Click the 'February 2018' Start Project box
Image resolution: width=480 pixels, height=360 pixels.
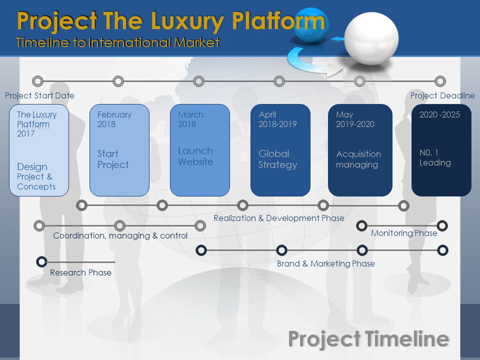pyautogui.click(x=119, y=149)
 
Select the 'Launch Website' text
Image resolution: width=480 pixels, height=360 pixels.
pyautogui.click(x=195, y=156)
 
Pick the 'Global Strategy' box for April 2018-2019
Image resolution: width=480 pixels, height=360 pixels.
pyautogui.click(x=280, y=149)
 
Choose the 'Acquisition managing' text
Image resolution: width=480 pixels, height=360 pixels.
pyautogui.click(x=358, y=159)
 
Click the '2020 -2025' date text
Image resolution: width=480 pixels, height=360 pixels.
pyautogui.click(x=439, y=114)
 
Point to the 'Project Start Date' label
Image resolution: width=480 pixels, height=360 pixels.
pyautogui.click(x=39, y=95)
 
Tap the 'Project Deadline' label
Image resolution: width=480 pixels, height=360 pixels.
pyautogui.click(x=442, y=95)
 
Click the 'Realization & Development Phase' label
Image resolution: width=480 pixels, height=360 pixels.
pyautogui.click(x=278, y=218)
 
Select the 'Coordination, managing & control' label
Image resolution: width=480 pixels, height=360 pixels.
pyautogui.click(x=120, y=235)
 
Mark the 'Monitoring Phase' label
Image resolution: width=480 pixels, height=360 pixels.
pyautogui.click(x=404, y=233)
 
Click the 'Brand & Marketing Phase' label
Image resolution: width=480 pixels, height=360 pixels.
pyautogui.click(x=325, y=263)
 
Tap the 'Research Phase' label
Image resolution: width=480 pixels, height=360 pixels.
pyautogui.click(x=80, y=272)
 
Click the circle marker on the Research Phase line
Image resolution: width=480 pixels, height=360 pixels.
pyautogui.click(x=42, y=261)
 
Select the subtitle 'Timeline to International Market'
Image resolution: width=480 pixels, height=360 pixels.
pyautogui.click(x=118, y=42)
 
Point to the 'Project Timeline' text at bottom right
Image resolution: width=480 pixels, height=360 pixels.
pyautogui.click(x=368, y=338)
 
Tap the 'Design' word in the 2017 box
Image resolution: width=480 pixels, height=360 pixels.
pyautogui.click(x=32, y=166)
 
